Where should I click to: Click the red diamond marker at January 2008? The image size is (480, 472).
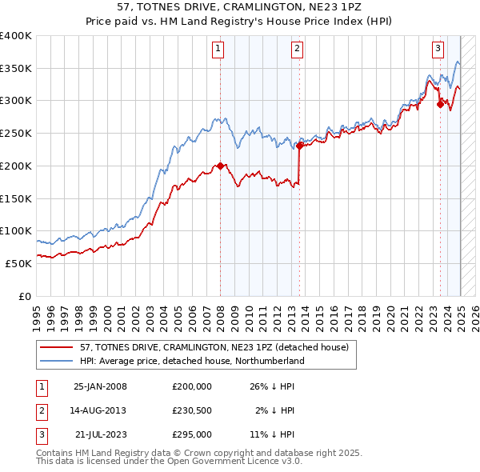[x=220, y=166]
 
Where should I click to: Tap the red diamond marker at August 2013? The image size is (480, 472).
[x=299, y=146]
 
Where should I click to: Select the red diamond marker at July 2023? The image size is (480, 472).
[x=440, y=103]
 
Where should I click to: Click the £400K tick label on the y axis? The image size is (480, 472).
[x=16, y=36]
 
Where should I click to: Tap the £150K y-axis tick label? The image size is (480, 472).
[x=16, y=198]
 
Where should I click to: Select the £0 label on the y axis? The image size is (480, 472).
[x=25, y=296]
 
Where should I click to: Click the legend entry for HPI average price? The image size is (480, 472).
[x=191, y=362]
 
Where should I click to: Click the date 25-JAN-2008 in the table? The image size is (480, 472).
[x=100, y=386]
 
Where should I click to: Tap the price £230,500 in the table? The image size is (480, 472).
[x=192, y=410]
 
